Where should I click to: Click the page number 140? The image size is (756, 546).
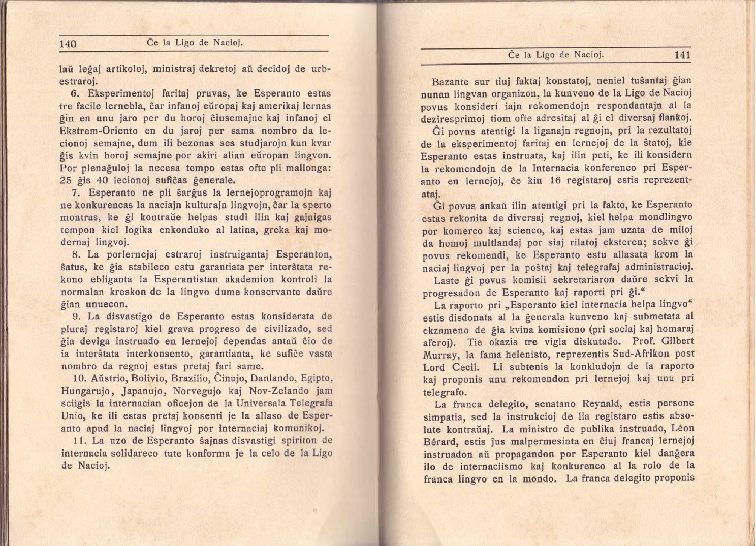[x=68, y=44]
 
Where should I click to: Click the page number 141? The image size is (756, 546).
[x=682, y=55]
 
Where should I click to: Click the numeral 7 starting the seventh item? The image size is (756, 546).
[x=75, y=193]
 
